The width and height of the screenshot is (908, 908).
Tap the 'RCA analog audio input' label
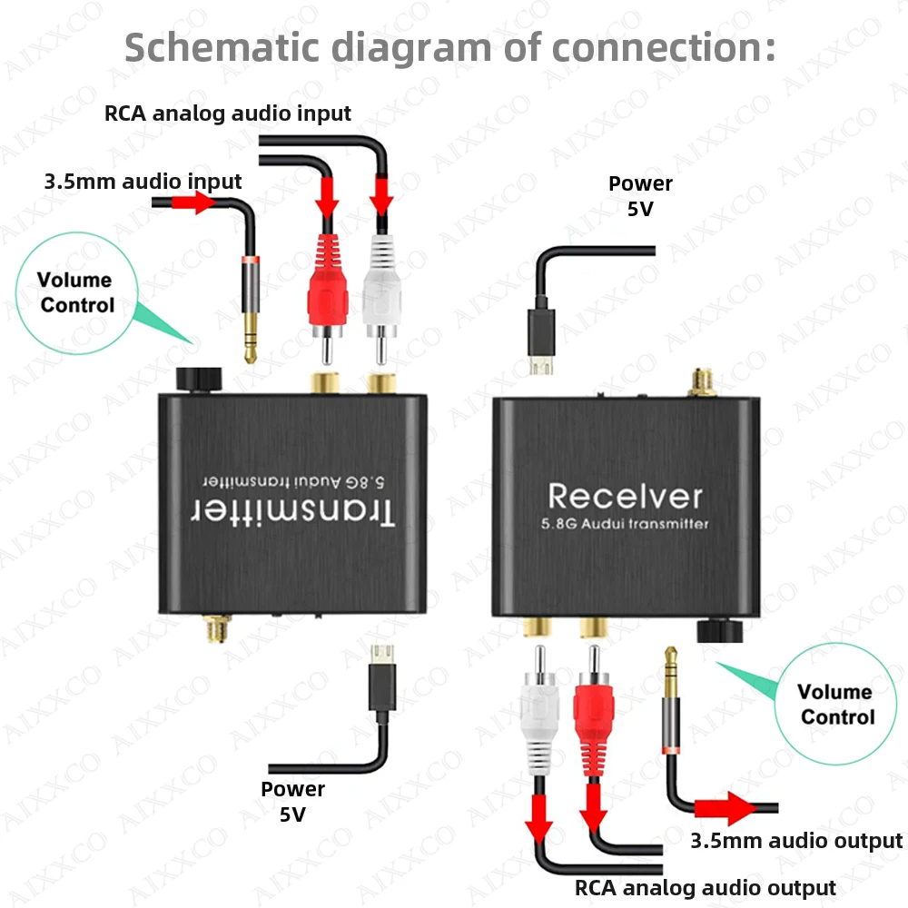(x=227, y=113)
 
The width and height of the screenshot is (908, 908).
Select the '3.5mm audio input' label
(x=143, y=182)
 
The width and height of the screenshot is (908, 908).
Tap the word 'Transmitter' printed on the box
(x=292, y=512)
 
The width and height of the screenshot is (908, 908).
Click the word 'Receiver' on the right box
(x=625, y=496)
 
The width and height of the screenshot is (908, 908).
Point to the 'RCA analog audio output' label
(x=705, y=887)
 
